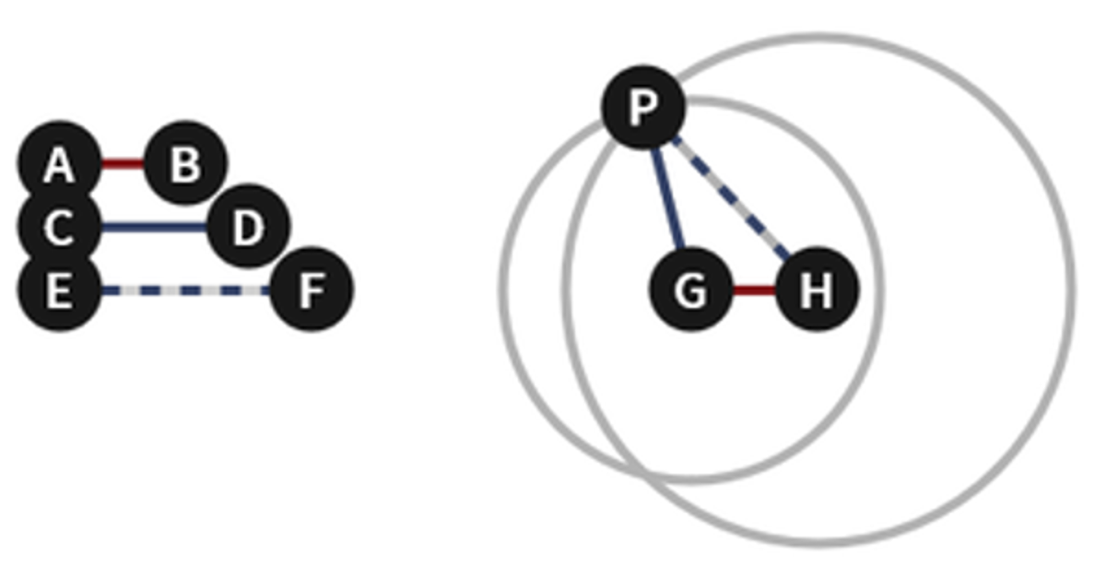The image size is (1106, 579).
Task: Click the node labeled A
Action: pyautogui.click(x=59, y=165)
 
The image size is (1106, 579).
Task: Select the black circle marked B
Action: pyautogui.click(x=185, y=165)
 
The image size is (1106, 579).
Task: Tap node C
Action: pyautogui.click(x=59, y=227)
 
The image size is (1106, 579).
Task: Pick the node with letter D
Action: pyautogui.click(x=248, y=227)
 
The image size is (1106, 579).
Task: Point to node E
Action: pyautogui.click(x=59, y=290)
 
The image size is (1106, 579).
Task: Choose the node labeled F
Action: pyautogui.click(x=312, y=290)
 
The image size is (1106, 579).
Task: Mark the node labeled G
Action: pyautogui.click(x=691, y=290)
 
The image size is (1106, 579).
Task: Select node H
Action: pyautogui.click(x=817, y=290)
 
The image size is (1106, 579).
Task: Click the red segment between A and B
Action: pyautogui.click(x=122, y=165)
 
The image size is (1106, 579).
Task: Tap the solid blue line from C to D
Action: pyautogui.click(x=153, y=227)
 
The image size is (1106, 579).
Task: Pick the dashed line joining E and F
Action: pyautogui.click(x=184, y=290)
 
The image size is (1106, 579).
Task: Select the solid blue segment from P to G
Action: pyautogui.click(x=666, y=197)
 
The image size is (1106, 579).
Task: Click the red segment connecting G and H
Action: pyautogui.click(x=754, y=290)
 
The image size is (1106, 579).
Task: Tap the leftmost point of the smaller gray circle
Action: pyautogui.click(x=503, y=289)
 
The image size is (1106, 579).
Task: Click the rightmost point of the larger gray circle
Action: pyautogui.click(x=1072, y=289)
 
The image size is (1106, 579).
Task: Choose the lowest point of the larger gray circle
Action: pyautogui.click(x=818, y=542)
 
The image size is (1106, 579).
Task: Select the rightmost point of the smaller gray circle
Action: pyautogui.click(x=880, y=289)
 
